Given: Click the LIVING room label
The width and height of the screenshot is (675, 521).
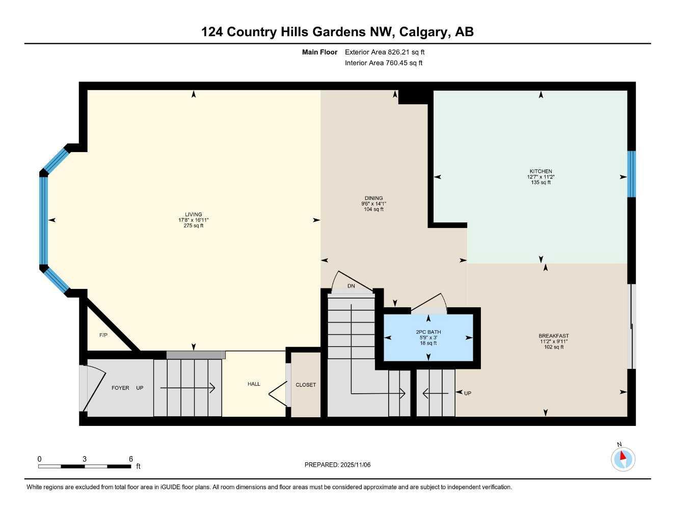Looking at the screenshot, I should coord(194,214).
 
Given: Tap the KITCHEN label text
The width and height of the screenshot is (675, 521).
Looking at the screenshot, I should coord(541,171).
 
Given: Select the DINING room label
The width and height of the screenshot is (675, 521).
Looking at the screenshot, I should coord(373,198).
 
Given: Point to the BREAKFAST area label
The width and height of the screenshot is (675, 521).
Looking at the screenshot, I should coord(554,336).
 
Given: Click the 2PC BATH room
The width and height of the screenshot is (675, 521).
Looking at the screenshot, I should coord(428,337).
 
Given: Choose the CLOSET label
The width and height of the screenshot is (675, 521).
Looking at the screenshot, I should coord(306,385).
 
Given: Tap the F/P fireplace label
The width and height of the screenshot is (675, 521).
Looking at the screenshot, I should coord(103,335).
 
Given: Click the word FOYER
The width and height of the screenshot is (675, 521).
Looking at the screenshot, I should coord(121,388).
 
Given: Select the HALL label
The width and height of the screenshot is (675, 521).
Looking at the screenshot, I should coord(254,384).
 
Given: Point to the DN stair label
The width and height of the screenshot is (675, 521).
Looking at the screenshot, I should coord(351,286).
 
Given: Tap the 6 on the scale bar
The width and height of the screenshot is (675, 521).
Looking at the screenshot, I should coord(131,459).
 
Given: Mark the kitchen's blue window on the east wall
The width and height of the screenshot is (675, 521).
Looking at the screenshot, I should coord(632,173).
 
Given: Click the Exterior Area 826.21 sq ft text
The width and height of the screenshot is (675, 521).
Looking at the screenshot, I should coord(385,52).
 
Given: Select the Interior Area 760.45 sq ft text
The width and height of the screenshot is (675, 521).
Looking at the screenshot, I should coord(384,63).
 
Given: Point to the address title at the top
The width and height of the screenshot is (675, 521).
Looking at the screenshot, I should coord(337,32).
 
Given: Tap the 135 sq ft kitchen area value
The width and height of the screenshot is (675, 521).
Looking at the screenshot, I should coord(541,183).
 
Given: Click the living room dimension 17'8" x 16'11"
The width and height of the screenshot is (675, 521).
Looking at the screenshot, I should coord(194,220).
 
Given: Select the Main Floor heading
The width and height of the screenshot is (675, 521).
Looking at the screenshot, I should coord(319,52).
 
